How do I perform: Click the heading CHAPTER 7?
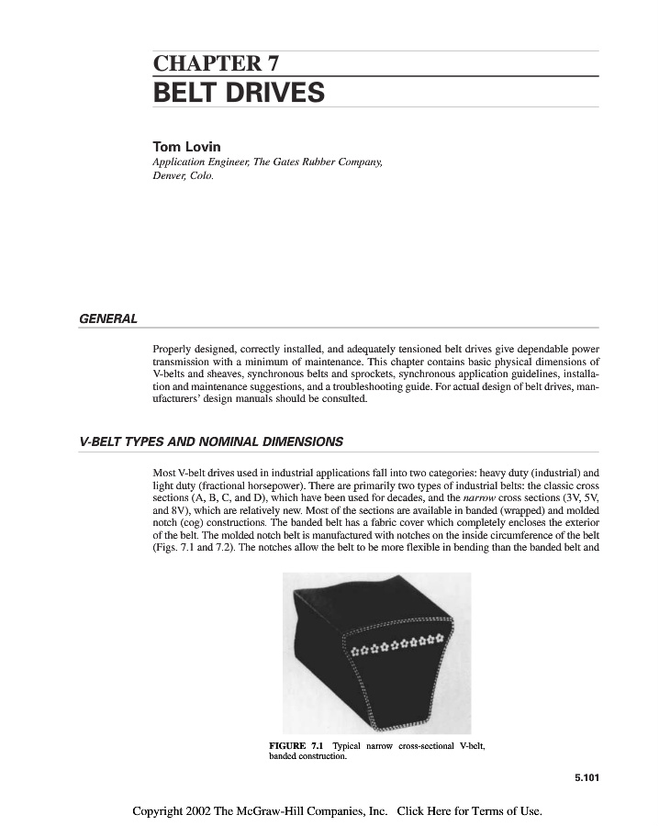click(216, 63)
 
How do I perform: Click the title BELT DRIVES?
click(239, 93)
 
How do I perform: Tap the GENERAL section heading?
click(108, 318)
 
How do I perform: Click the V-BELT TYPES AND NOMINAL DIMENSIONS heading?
click(211, 441)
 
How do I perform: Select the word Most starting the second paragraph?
click(164, 473)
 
